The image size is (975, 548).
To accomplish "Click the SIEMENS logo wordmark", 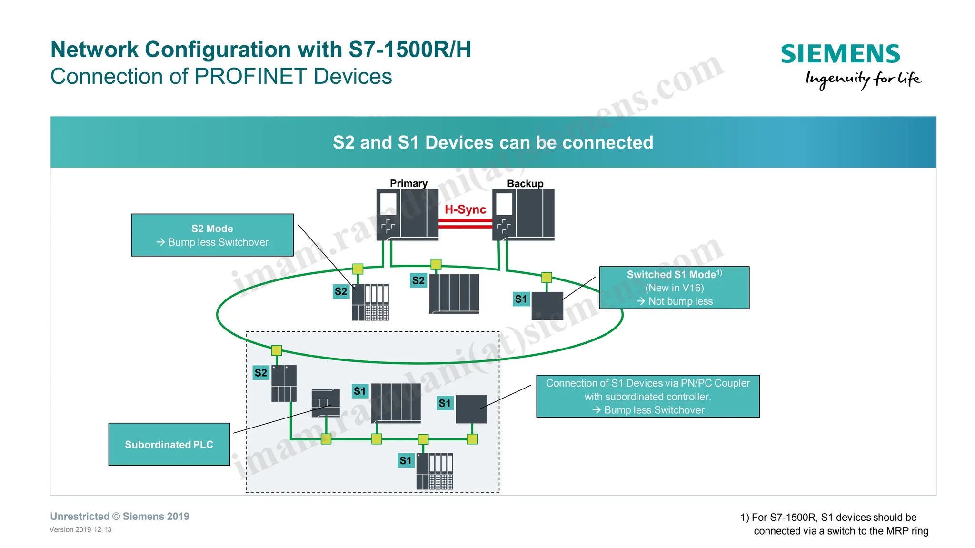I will point(840,54).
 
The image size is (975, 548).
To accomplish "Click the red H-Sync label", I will point(465,209).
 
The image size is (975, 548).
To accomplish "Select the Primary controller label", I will point(408,183).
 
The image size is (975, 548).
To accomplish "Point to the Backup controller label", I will point(525,183).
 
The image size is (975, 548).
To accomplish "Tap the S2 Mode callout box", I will point(212,235).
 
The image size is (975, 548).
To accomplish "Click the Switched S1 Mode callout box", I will point(674,288).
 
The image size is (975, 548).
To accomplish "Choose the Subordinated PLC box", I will point(169,444).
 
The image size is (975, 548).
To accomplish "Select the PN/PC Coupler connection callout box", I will point(647,396).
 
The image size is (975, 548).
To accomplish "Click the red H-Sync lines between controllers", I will point(465,224).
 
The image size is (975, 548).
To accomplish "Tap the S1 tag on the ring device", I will point(521,299).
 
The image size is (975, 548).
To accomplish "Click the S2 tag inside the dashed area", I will point(261,372).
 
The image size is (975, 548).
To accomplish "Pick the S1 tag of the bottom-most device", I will point(406,460).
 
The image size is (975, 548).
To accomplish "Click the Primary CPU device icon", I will point(408,214).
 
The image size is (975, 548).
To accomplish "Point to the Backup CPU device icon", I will point(523,214).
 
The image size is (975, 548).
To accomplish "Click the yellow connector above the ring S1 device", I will point(547,277).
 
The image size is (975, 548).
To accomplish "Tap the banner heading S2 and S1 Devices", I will point(493,142).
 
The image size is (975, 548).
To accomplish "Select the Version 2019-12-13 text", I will point(80,529).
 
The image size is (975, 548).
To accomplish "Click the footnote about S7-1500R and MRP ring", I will point(834,524).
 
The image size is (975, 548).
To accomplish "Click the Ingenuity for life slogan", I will point(863,79).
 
